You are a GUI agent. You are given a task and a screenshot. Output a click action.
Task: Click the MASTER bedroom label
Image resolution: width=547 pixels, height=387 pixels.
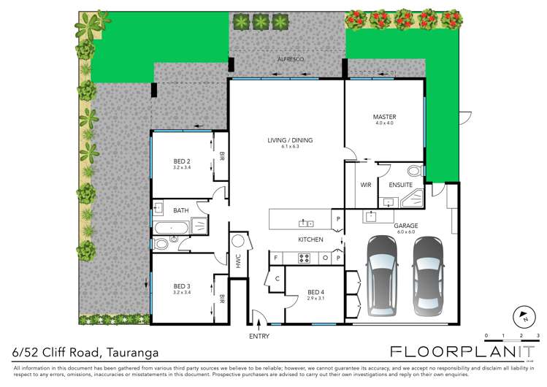click(383, 117)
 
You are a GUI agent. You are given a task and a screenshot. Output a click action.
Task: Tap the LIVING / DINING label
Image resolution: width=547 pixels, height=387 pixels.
click(286, 139)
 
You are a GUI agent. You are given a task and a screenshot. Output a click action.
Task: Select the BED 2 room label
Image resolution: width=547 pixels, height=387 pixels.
click(182, 161)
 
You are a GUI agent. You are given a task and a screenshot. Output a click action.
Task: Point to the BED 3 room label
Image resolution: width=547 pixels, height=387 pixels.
click(182, 286)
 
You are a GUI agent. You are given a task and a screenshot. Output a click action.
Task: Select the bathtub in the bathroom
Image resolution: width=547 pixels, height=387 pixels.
click(174, 227)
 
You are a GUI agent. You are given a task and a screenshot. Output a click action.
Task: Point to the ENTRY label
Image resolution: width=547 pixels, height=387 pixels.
click(259, 336)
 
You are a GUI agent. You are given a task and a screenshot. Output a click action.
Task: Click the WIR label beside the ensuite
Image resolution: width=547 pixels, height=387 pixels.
click(366, 185)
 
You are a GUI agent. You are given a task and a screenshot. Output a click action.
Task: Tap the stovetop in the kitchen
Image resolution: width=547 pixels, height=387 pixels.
click(303, 257)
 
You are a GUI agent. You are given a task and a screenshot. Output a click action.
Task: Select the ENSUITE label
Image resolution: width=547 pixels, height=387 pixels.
click(400, 185)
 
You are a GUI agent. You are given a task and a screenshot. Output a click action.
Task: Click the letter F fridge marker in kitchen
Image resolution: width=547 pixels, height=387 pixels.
click(276, 257)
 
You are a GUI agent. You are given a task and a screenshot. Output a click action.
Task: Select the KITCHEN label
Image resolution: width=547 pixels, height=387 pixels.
click(310, 240)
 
